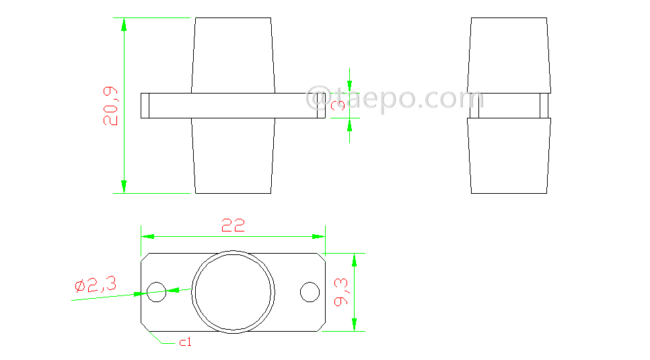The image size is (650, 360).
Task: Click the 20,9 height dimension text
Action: tap(111, 106)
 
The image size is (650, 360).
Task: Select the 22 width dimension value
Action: tap(233, 225)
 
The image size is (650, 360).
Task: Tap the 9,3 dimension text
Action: tap(340, 292)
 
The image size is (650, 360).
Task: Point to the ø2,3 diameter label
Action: tap(96, 285)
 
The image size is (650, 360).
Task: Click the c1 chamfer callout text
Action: tap(185, 343)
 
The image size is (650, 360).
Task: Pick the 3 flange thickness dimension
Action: tap(338, 105)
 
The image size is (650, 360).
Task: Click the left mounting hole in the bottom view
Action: tap(157, 292)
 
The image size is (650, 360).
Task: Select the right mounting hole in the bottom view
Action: tap(310, 292)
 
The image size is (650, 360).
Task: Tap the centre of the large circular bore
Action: tap(233, 292)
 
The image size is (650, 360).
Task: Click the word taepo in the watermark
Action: tap(380, 98)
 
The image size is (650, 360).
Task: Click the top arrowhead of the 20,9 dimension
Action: tap(124, 24)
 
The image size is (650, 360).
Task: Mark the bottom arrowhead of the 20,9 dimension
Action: tap(124, 186)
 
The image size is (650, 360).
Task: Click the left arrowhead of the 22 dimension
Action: tap(147, 237)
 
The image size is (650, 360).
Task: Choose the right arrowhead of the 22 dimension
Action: tap(318, 237)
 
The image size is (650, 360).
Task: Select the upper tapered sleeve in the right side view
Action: tap(509, 54)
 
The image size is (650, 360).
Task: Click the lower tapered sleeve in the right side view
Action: tap(509, 155)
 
